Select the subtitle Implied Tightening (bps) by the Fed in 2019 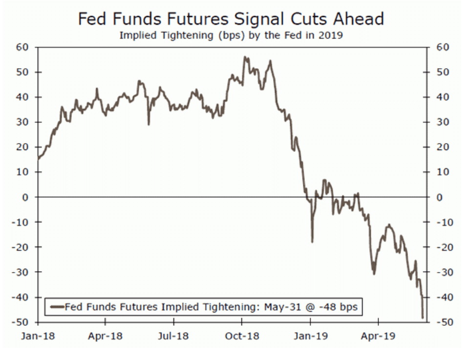click(x=231, y=35)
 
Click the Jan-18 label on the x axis click(x=38, y=337)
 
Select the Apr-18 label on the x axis click(x=106, y=337)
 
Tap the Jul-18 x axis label click(x=174, y=337)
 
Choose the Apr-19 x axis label click(x=379, y=337)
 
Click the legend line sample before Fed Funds click(x=57, y=307)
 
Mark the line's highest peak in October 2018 click(x=245, y=57)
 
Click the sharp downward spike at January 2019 click(x=312, y=241)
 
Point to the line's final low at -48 click(x=423, y=318)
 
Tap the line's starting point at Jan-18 click(x=38, y=159)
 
